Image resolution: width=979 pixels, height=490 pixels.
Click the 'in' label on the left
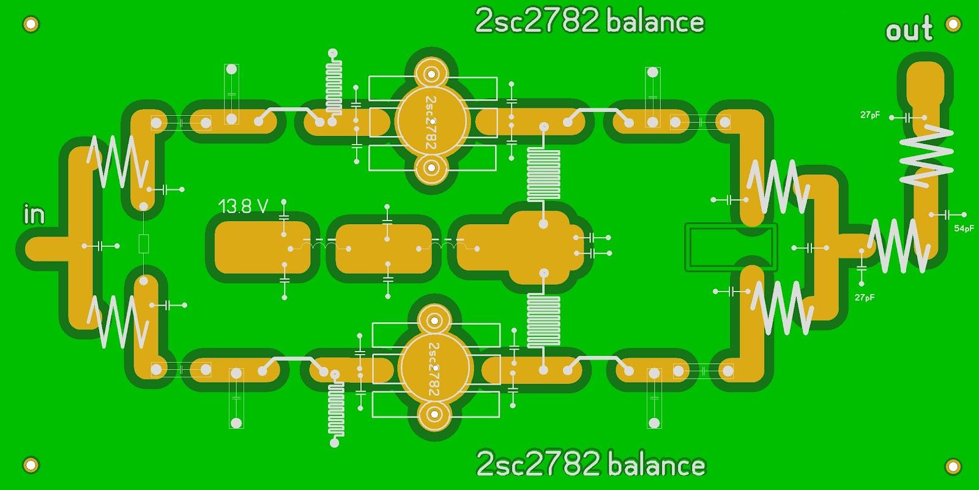pyautogui.click(x=34, y=214)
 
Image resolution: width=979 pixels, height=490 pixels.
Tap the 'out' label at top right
pyautogui.click(x=909, y=31)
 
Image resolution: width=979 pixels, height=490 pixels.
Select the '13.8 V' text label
pyautogui.click(x=244, y=206)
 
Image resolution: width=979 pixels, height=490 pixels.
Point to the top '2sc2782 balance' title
pyautogui.click(x=590, y=22)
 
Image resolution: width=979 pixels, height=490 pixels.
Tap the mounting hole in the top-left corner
pyautogui.click(x=31, y=25)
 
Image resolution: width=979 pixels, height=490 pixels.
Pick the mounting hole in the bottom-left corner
pyautogui.click(x=31, y=464)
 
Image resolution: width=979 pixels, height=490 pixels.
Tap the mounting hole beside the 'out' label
pyautogui.click(x=953, y=24)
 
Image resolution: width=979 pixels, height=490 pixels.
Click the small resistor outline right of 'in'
pyautogui.click(x=143, y=243)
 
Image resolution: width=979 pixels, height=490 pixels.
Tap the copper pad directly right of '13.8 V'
pyautogui.click(x=263, y=247)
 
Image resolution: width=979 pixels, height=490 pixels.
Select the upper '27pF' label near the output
pyautogui.click(x=870, y=115)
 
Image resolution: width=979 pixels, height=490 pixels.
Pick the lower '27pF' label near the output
pyautogui.click(x=865, y=298)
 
